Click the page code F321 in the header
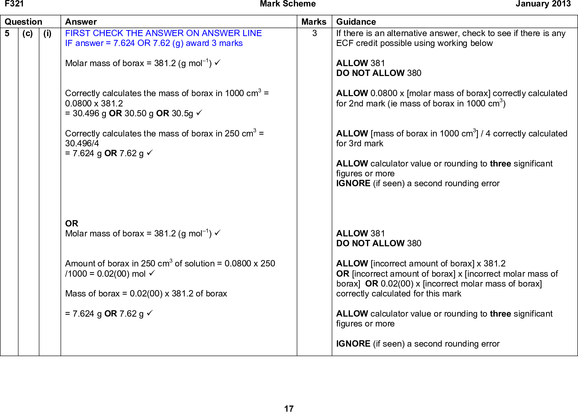(14, 4)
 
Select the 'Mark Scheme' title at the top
(287, 4)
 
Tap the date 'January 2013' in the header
(543, 4)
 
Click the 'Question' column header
(23, 22)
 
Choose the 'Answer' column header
(81, 22)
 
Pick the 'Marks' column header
(314, 22)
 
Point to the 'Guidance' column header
(356, 22)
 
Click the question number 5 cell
(7, 33)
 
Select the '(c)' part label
(27, 33)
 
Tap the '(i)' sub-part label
(47, 33)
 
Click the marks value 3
(315, 33)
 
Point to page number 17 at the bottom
(289, 409)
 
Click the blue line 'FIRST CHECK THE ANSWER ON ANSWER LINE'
(163, 33)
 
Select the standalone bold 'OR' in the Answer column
(72, 223)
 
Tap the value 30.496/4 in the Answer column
(82, 143)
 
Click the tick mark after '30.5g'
(199, 113)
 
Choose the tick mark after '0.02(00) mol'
(152, 273)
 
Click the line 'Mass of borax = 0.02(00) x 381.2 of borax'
(146, 293)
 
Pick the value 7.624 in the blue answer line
(124, 43)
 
